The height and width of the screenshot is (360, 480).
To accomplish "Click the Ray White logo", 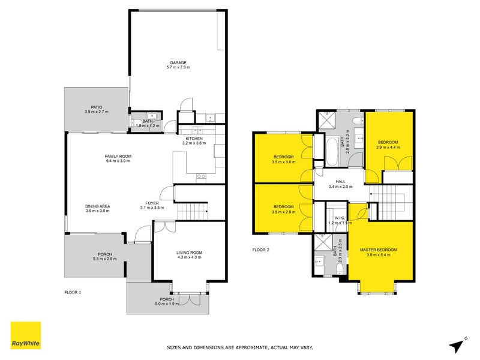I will click(x=26, y=335).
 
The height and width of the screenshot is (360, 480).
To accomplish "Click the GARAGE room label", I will click(x=178, y=62).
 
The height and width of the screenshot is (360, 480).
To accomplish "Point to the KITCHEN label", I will click(x=194, y=138).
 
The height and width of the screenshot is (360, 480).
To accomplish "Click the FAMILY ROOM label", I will click(x=118, y=156).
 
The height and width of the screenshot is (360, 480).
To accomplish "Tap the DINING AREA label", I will click(x=97, y=206).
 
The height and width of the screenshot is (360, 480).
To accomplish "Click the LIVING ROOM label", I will click(x=189, y=253).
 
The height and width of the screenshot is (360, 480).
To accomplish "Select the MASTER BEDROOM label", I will click(x=378, y=249).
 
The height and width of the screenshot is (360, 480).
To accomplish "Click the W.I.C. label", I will click(x=338, y=218).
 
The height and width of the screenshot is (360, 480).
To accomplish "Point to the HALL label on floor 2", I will click(x=340, y=181).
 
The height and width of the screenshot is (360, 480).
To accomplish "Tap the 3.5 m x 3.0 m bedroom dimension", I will click(x=283, y=162).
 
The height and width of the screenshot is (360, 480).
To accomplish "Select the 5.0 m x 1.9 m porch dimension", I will click(x=167, y=304).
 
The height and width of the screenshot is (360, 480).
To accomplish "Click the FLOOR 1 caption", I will click(x=73, y=292).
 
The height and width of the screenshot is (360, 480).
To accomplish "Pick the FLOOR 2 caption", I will click(x=260, y=249).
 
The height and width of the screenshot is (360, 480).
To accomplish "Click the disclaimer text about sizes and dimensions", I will click(x=239, y=347).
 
